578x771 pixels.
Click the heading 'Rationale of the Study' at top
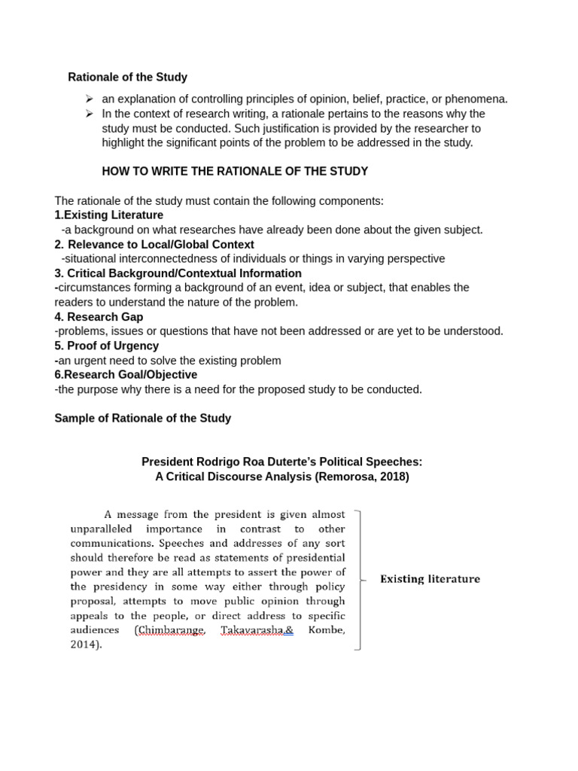coord(127,77)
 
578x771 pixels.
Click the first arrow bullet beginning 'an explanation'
coord(89,99)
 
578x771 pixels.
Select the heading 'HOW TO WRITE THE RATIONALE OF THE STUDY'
coord(235,171)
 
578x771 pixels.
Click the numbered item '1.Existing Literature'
coord(108,215)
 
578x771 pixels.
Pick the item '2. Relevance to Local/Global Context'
coord(154,245)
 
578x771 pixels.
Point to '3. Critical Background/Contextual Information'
coord(178,273)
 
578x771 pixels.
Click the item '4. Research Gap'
coord(99,317)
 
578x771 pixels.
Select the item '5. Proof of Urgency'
coord(106,346)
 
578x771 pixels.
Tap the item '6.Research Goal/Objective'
coord(126,374)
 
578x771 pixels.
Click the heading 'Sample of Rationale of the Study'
coord(142,418)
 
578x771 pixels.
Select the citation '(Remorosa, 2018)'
coord(362,477)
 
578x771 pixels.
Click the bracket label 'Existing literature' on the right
coord(430,579)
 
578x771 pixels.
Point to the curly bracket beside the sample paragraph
coord(359,579)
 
